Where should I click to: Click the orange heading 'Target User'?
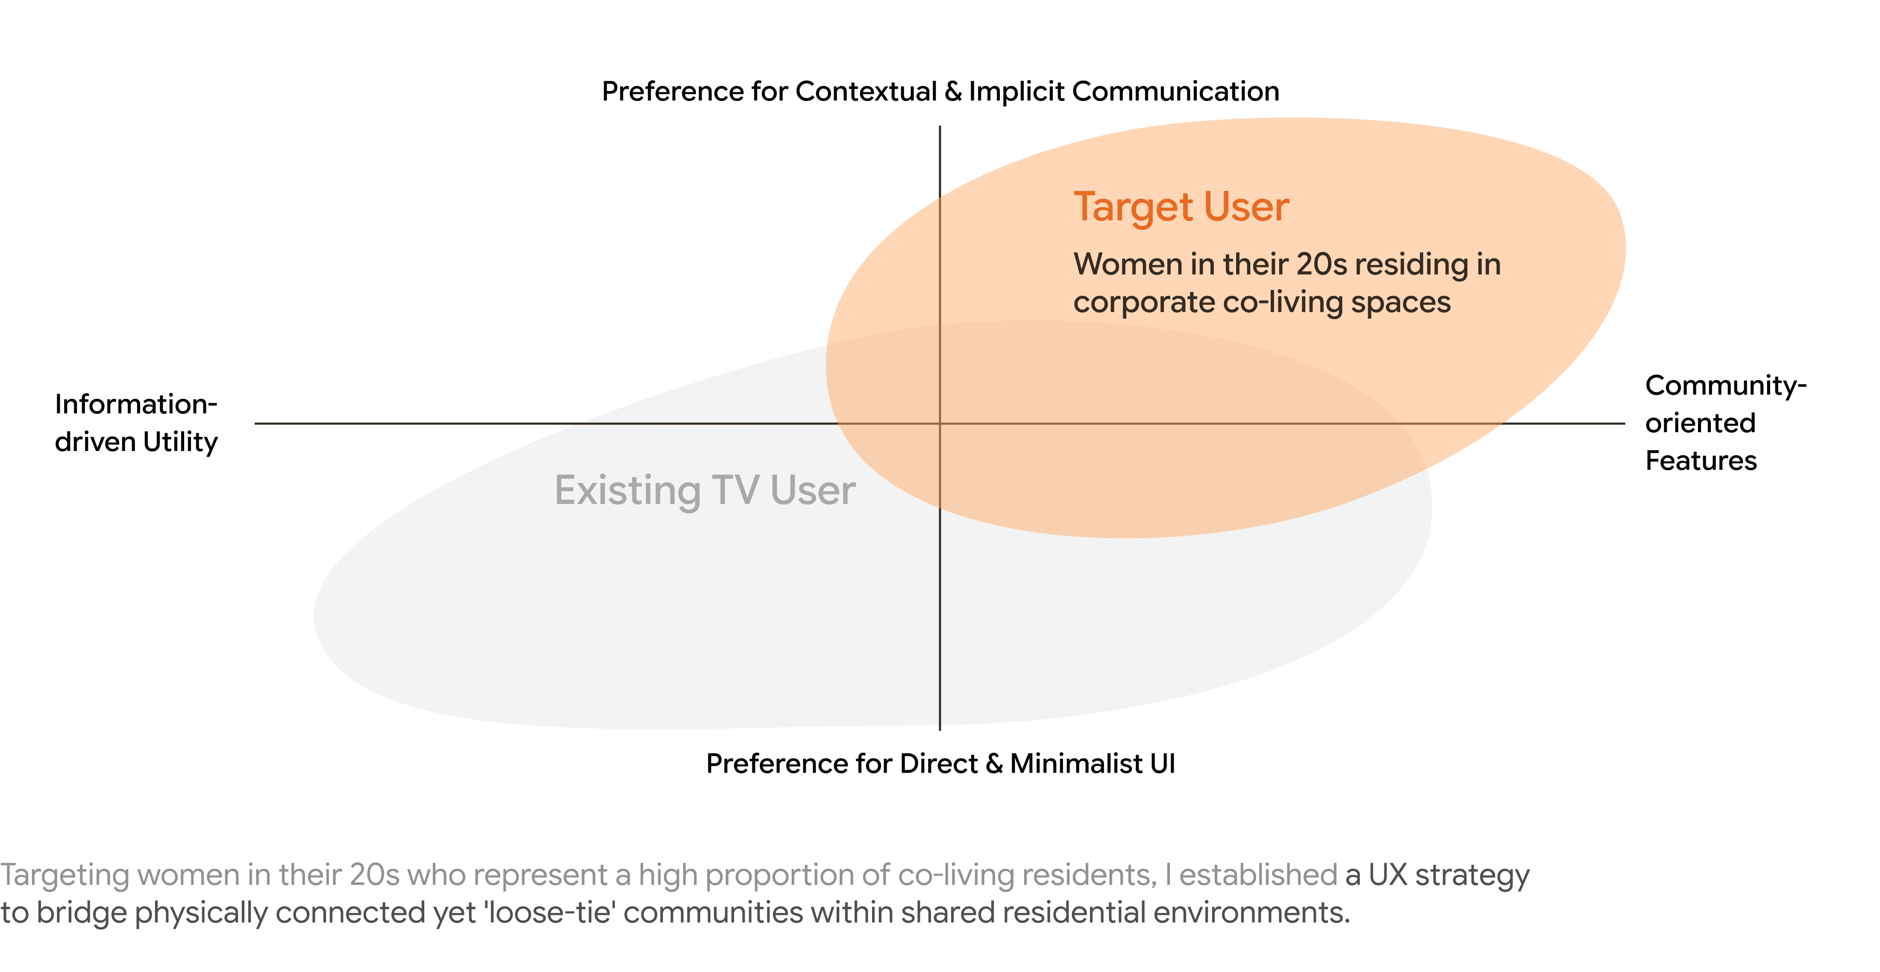point(1181,207)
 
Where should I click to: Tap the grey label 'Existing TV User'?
point(704,490)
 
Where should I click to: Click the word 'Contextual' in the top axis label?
point(866,92)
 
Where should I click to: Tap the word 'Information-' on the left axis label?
point(136,404)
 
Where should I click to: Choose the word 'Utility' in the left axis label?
point(180,442)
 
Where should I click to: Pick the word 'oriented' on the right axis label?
point(1700,423)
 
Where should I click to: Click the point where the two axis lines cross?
point(939,423)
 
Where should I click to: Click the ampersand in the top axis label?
point(952,92)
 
